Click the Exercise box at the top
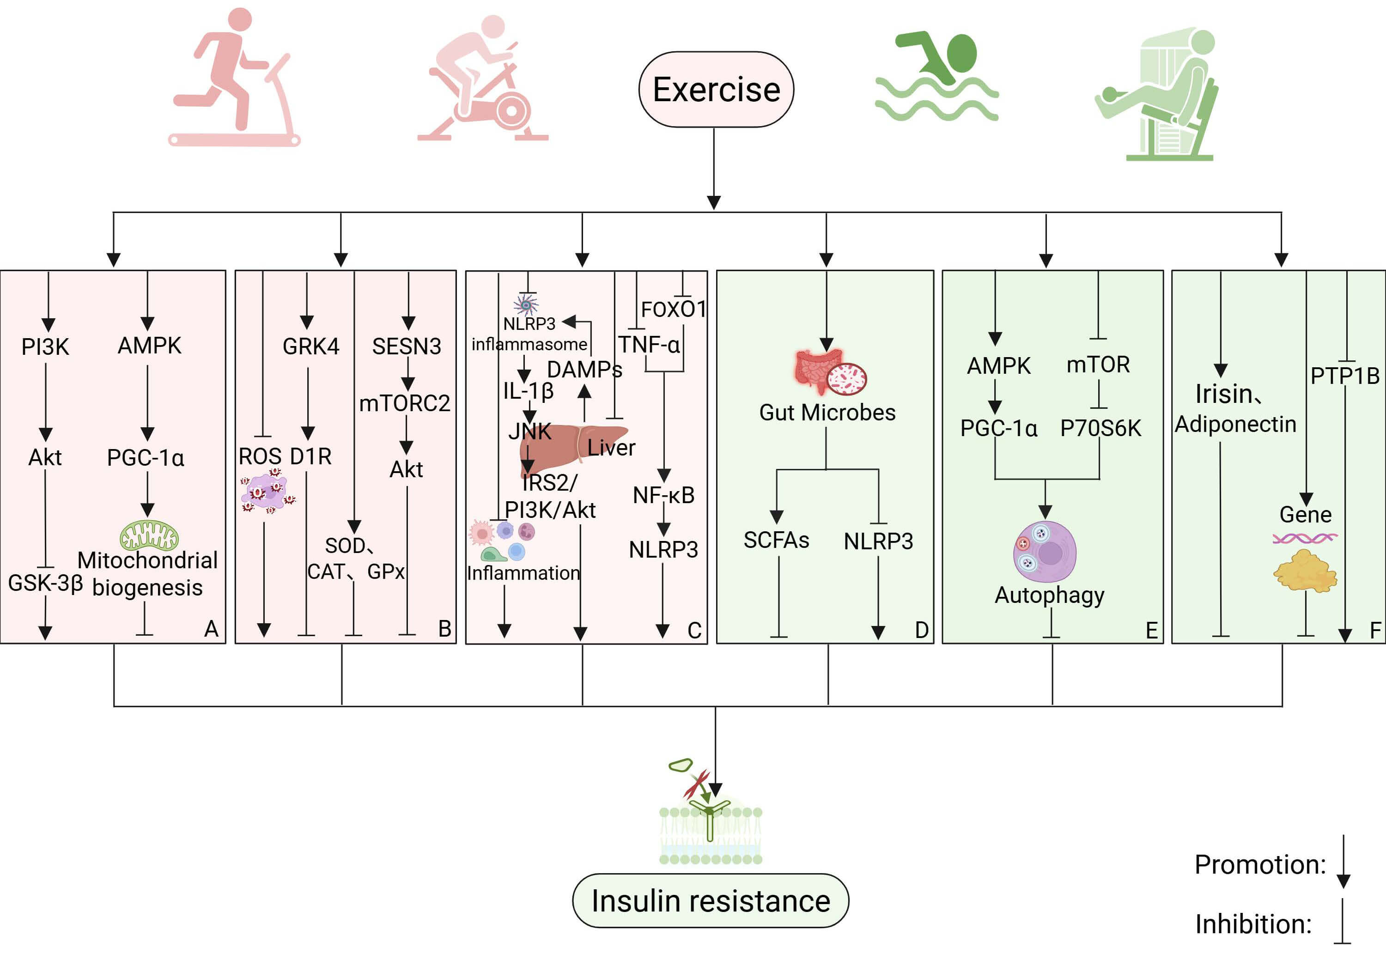[716, 90]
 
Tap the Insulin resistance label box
[710, 901]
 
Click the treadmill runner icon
[234, 78]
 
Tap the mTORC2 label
[405, 403]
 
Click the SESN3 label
[407, 346]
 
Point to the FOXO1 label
[674, 309]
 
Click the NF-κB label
[663, 495]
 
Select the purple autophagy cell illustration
[1045, 552]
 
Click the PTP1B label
[1345, 376]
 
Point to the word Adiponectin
[1235, 424]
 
